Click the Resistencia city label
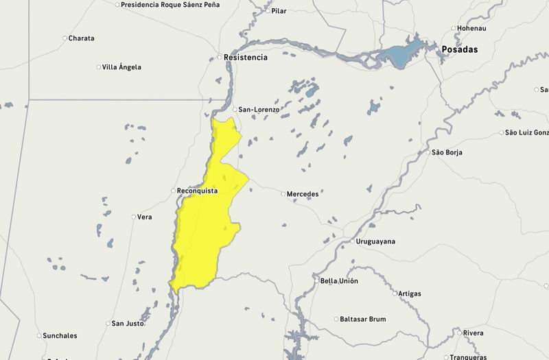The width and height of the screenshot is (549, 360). [246, 58]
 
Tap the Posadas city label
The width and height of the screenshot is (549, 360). [459, 50]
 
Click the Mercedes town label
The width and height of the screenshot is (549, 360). [303, 194]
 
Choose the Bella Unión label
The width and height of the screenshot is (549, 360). [339, 281]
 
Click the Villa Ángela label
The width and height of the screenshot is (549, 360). [121, 67]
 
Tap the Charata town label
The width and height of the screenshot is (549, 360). [81, 38]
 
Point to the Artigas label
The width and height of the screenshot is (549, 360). [410, 293]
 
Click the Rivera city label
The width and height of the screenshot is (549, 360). [474, 333]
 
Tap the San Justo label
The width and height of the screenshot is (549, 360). [128, 324]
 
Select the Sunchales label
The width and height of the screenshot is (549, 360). [60, 336]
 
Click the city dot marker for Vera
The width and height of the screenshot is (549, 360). [134, 217]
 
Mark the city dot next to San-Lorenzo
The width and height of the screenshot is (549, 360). [234, 110]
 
